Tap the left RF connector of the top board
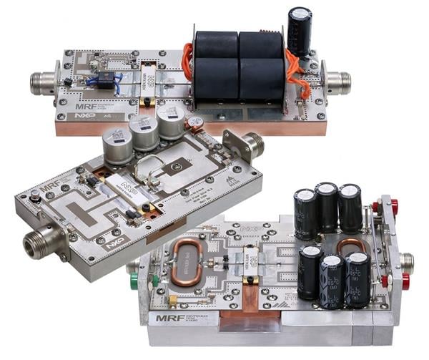coord(45,82)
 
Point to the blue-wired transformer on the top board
coord(104,80)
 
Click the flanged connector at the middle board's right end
coord(248,145)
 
